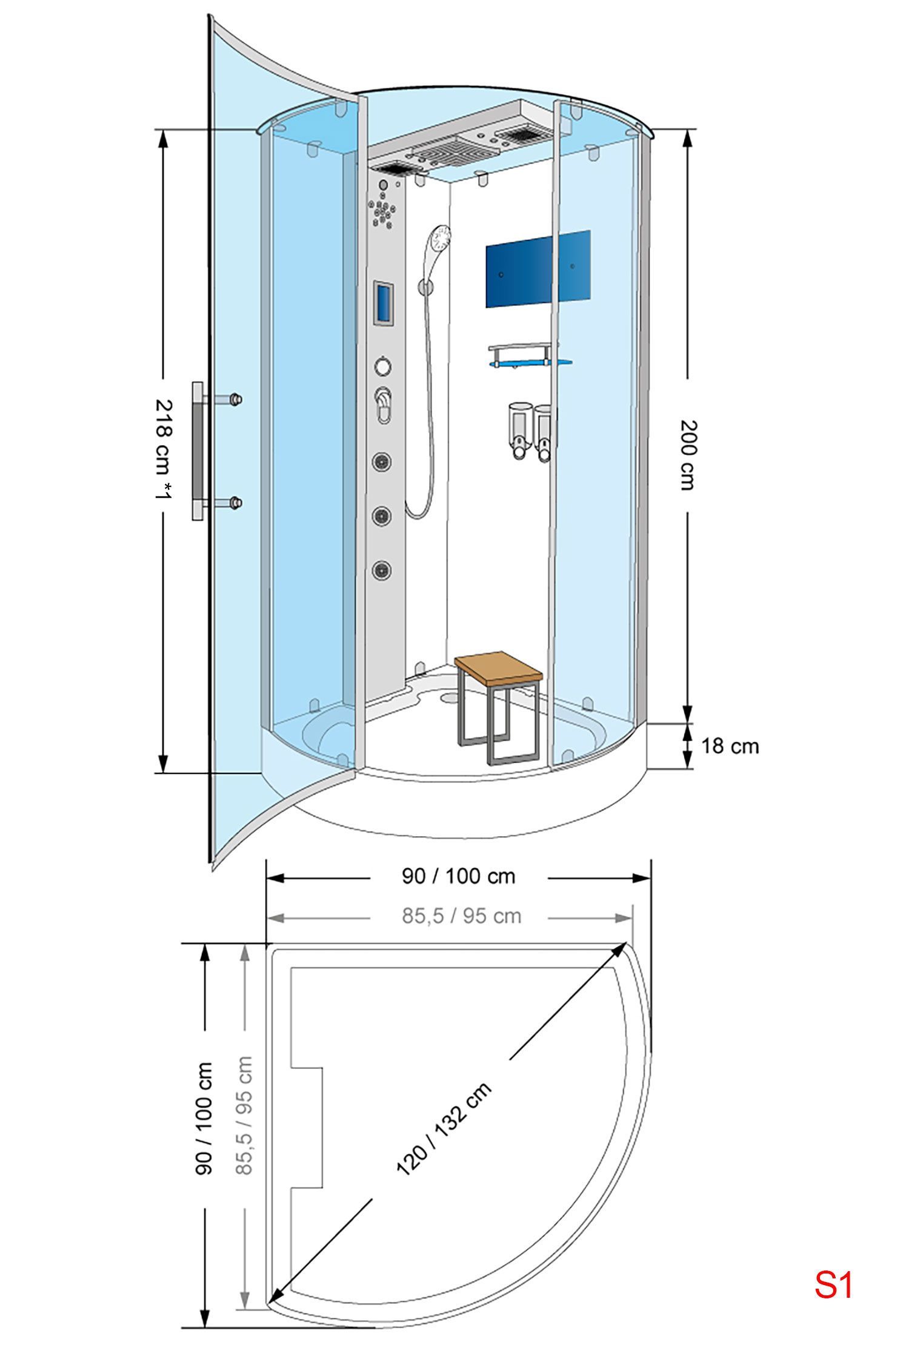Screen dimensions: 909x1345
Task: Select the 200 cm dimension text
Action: point(688,455)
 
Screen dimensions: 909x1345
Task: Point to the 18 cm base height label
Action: point(730,745)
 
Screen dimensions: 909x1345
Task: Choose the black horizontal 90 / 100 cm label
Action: point(459,876)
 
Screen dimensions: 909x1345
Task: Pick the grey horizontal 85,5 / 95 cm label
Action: point(461,916)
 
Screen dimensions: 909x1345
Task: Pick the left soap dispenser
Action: point(519,431)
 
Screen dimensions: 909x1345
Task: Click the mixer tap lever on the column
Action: point(384,403)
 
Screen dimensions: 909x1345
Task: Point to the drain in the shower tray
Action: point(450,697)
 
